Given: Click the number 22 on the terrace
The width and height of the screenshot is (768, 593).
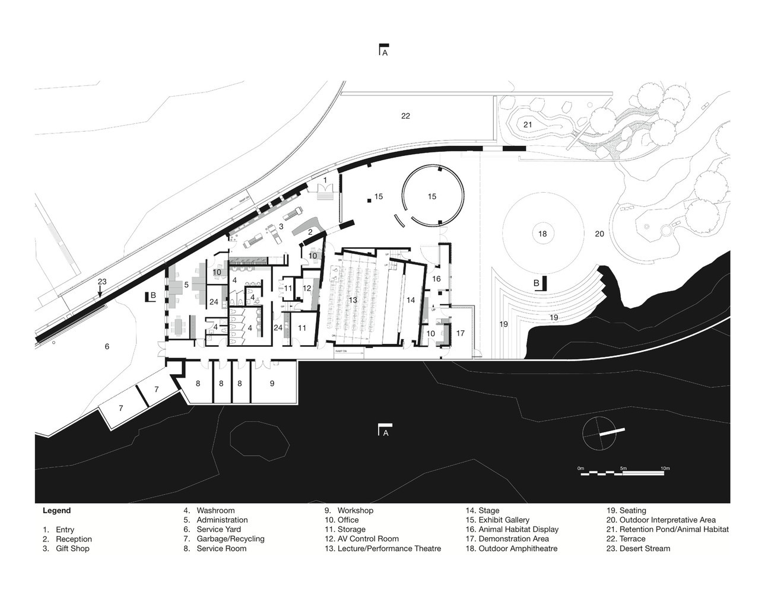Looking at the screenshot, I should (x=405, y=116).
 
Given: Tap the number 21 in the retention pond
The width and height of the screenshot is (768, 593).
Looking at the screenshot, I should (x=528, y=125).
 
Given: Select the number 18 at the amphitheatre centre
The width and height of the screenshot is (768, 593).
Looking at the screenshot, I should (x=542, y=234).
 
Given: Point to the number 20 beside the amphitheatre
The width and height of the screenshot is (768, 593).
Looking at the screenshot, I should (x=599, y=234).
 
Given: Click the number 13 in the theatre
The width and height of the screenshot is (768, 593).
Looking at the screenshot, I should (x=353, y=301).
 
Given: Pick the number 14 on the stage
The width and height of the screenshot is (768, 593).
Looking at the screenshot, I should (x=411, y=301).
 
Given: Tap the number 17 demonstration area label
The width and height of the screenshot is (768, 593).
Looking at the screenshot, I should (x=461, y=333).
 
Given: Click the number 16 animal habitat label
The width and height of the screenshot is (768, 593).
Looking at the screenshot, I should (x=436, y=279).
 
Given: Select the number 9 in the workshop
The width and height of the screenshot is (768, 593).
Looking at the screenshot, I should (x=272, y=384).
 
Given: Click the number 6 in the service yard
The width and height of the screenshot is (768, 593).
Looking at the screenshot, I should (x=107, y=346).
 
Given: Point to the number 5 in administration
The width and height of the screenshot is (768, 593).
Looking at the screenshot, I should (x=186, y=285).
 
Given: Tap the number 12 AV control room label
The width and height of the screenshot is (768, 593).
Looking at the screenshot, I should (x=307, y=288).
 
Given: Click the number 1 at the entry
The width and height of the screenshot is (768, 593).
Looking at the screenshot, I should (x=325, y=179).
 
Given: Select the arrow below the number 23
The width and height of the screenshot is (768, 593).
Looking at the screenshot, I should (x=100, y=292).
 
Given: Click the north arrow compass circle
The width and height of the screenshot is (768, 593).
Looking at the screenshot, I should (x=599, y=434).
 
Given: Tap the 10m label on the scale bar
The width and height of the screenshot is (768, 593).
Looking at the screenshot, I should (x=665, y=468).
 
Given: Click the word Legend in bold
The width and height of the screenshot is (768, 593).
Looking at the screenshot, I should (x=56, y=511).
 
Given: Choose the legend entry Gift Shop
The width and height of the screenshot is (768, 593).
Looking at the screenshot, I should (x=72, y=549).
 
